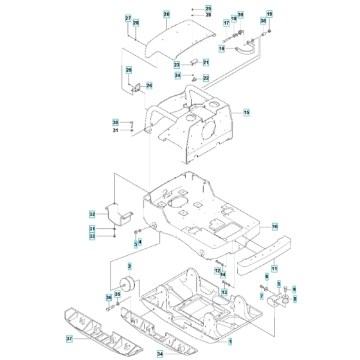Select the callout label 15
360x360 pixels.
click(246, 113)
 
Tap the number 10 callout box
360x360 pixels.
click(274, 226)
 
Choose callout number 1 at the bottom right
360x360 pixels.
click(230, 339)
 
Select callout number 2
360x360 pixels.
click(129, 266)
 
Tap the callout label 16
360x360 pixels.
click(222, 48)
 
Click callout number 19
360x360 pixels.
click(269, 14)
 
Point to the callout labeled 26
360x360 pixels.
click(149, 85)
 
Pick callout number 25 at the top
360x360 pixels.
click(208, 8)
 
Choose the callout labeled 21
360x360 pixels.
click(206, 62)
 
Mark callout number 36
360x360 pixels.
click(108, 297)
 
